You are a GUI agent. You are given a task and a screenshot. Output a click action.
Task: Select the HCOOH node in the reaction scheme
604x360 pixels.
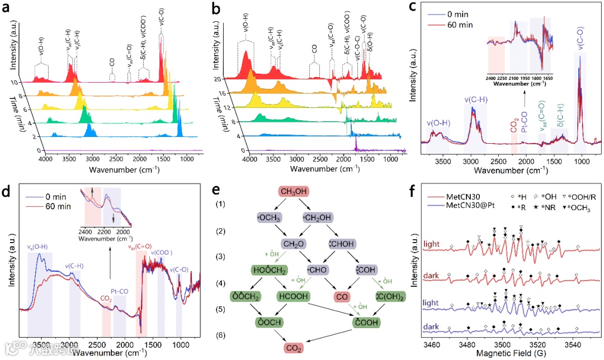(x=293, y=295)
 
